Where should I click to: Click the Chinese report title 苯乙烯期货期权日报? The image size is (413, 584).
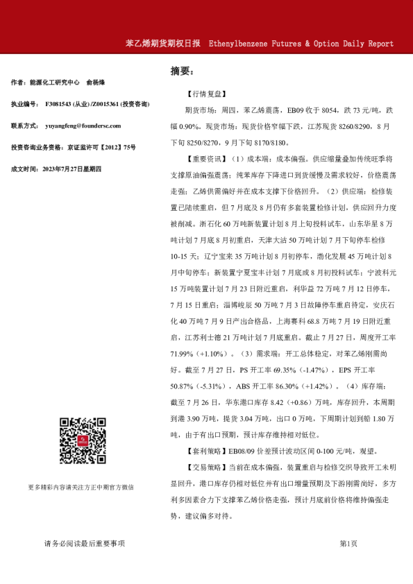coord(163,44)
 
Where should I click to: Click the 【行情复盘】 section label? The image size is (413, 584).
coord(206,93)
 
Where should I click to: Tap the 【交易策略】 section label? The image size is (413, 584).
coord(206,467)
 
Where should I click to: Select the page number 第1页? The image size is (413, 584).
coord(348,544)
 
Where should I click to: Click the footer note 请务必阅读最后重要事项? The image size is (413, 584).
coord(85,544)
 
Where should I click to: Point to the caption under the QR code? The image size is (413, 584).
coord(81,487)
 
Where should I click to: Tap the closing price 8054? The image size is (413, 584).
coord(314,110)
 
